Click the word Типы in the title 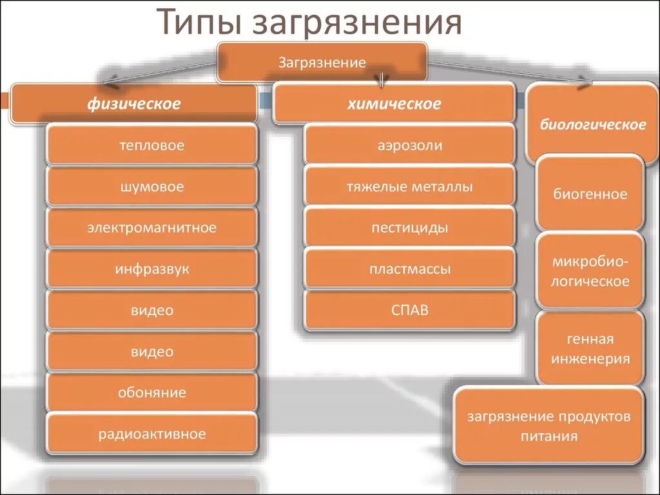tap(197, 24)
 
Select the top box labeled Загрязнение tap(322, 63)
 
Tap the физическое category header tap(134, 103)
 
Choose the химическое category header tap(394, 103)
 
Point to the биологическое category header tap(592, 124)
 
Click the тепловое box tap(151, 145)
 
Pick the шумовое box tap(151, 187)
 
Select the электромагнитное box tap(151, 228)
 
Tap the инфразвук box tap(151, 269)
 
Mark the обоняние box tap(151, 393)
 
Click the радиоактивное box tap(151, 434)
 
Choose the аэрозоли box tap(410, 145)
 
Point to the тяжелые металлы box tap(410, 187)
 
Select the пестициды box tap(410, 228)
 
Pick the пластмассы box tap(410, 269)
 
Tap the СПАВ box tap(410, 310)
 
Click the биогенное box tap(590, 193)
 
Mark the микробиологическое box tap(590, 271)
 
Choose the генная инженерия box tap(590, 349)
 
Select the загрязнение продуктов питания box tap(549, 425)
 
